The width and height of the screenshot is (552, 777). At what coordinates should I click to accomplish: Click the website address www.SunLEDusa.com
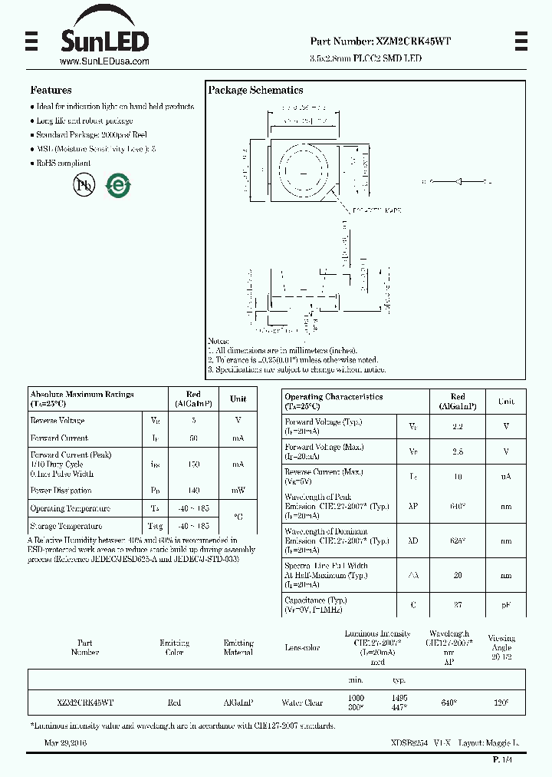(x=104, y=61)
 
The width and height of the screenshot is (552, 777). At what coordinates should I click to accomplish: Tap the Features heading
(x=51, y=90)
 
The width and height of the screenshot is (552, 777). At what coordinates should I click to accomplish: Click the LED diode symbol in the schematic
(x=458, y=181)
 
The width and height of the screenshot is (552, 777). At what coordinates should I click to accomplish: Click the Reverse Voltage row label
(x=58, y=421)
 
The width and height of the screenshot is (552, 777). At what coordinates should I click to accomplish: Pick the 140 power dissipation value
(x=193, y=491)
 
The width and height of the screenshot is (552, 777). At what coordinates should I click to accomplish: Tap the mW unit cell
(x=238, y=491)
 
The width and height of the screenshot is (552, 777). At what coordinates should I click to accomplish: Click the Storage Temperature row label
(x=66, y=527)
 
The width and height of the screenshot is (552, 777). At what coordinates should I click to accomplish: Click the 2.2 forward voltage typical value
(x=458, y=426)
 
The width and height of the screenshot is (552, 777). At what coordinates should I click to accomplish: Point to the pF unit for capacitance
(x=506, y=605)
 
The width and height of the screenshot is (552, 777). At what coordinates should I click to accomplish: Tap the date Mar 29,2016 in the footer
(x=66, y=743)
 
